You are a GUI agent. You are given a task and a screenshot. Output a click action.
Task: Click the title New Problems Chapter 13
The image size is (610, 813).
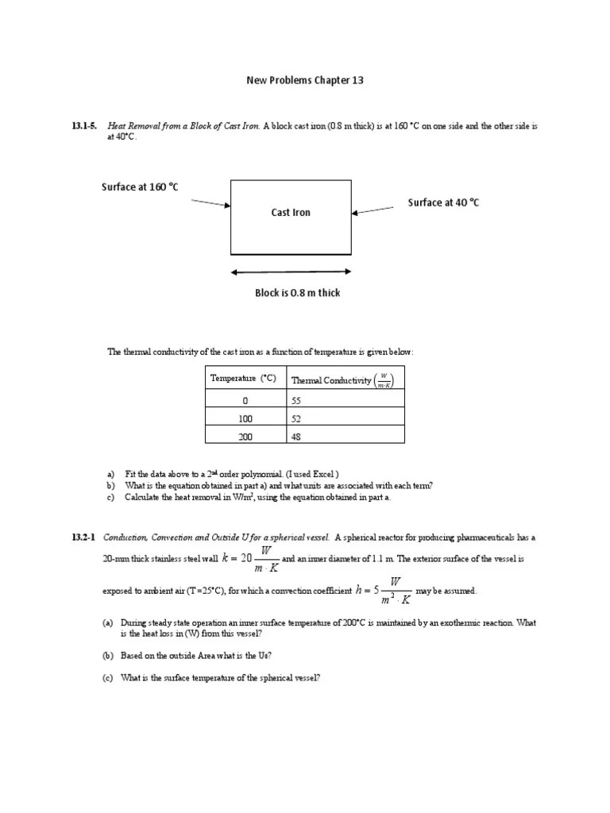pos(304,80)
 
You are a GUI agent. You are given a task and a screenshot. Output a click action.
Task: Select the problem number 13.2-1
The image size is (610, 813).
pos(84,538)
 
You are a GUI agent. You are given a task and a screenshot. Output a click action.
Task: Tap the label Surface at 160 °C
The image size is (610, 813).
pos(140,187)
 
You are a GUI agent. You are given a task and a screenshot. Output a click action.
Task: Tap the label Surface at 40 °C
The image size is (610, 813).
pos(443,202)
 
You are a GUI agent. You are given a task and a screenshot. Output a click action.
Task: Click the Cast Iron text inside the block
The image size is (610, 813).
pos(291,212)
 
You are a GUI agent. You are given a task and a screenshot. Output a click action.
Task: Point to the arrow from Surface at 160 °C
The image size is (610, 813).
pos(210,203)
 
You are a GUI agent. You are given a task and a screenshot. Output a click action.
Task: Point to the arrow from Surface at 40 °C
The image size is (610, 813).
pos(373,210)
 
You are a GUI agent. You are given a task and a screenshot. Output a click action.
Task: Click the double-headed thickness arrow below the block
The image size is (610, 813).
pos(291,272)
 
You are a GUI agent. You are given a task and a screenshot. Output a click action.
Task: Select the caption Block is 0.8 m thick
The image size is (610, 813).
pos(297,293)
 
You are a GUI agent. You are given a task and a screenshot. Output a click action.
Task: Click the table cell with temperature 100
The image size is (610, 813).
pos(245,417)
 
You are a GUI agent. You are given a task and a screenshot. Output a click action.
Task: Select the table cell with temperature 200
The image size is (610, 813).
pos(245,436)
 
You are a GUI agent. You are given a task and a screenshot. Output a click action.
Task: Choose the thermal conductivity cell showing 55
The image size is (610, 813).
pos(297,401)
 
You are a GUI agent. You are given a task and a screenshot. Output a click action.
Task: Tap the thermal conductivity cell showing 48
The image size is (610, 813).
pos(297,436)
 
